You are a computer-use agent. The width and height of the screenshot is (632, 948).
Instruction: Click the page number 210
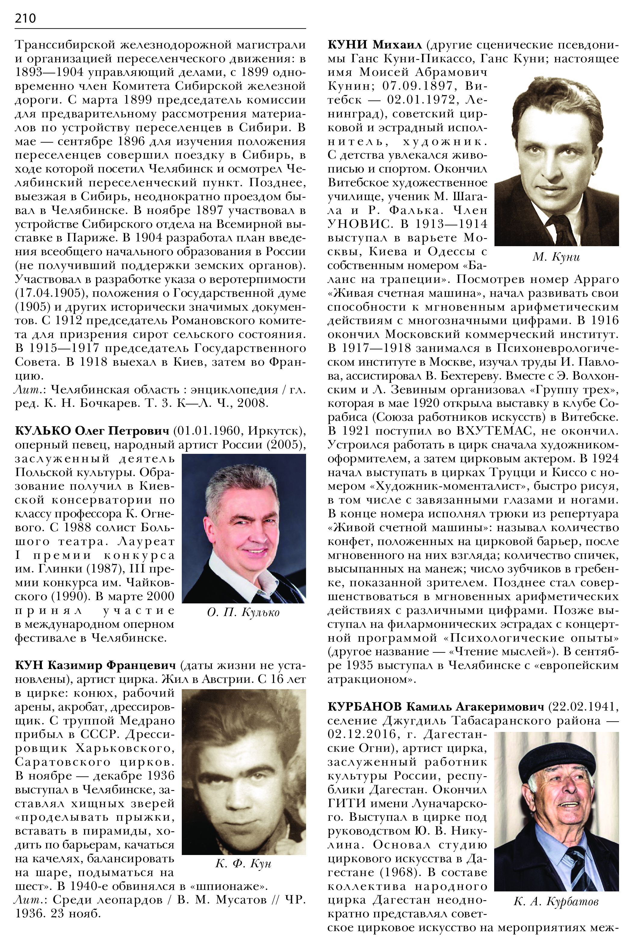[25, 18]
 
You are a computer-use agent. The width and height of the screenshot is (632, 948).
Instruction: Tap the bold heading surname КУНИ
[347, 45]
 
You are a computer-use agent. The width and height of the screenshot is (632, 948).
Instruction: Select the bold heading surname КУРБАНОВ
[364, 707]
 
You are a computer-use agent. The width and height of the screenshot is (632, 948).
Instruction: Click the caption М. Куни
[556, 257]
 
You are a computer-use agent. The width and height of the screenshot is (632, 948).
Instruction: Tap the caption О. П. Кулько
[243, 612]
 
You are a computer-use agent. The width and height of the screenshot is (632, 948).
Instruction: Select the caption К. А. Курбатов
[556, 902]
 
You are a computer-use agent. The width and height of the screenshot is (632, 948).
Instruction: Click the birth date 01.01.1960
[208, 431]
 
